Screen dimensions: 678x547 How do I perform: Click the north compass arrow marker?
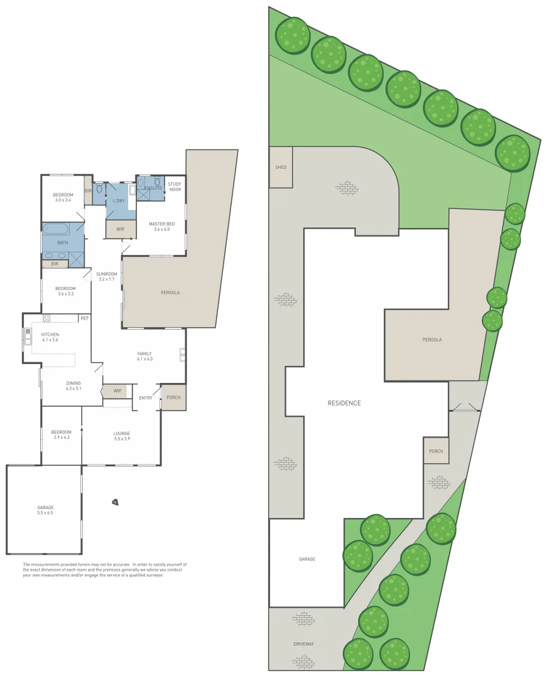[114, 502]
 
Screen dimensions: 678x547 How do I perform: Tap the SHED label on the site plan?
[281, 167]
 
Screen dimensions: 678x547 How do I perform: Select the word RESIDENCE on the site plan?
[344, 403]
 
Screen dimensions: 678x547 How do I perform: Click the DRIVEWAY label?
[303, 644]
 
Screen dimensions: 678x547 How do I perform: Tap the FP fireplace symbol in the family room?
[183, 355]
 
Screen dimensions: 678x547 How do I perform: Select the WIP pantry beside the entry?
[117, 391]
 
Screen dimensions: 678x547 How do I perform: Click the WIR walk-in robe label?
[120, 229]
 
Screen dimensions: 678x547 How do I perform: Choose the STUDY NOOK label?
[175, 186]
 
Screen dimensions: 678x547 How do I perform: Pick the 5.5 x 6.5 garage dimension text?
[45, 513]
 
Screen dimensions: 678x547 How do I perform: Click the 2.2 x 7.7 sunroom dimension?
[107, 279]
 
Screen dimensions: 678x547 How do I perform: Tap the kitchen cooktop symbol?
[46, 318]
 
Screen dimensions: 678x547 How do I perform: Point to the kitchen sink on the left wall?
[28, 338]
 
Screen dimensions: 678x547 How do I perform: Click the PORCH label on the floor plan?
[173, 397]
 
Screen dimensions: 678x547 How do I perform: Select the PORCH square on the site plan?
[436, 451]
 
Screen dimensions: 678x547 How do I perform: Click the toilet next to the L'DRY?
[100, 188]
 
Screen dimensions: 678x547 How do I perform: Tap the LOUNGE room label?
[122, 433]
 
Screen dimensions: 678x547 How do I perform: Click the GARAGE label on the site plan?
[307, 559]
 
